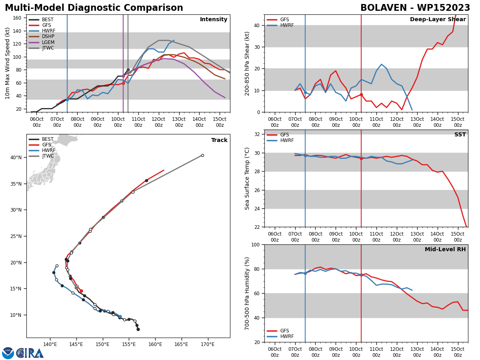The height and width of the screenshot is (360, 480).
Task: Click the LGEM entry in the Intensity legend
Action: pyautogui.click(x=42, y=42)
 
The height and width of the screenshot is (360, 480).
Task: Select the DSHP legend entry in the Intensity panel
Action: pyautogui.click(x=42, y=36)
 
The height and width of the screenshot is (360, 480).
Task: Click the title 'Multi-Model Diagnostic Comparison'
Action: pyautogui.click(x=94, y=8)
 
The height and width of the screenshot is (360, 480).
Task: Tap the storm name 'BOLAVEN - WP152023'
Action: pyautogui.click(x=415, y=8)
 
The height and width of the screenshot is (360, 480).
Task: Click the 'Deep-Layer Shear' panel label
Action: pyautogui.click(x=438, y=19)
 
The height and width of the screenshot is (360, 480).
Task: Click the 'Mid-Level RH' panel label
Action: pyautogui.click(x=445, y=249)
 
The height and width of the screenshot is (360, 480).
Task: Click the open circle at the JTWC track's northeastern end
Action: pyautogui.click(x=202, y=156)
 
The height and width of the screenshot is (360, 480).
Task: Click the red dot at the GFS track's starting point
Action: pyautogui.click(x=81, y=291)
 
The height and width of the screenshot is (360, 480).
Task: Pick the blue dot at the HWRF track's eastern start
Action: pyautogui.click(x=120, y=316)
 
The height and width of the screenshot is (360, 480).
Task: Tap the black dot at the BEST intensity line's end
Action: pyautogui.click(x=128, y=70)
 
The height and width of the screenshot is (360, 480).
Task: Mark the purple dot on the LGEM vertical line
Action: pyautogui.click(x=123, y=76)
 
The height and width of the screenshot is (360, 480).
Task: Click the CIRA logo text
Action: pyautogui.click(x=30, y=353)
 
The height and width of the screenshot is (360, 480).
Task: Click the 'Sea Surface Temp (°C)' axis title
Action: pyautogui.click(x=247, y=178)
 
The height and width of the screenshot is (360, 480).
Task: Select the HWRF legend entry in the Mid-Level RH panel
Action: pyautogui.click(x=280, y=336)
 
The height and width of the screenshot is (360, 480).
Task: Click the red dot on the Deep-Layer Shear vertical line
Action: pyautogui.click(x=361, y=95)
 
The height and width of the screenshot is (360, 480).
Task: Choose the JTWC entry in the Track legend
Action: pyautogui.click(x=42, y=156)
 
